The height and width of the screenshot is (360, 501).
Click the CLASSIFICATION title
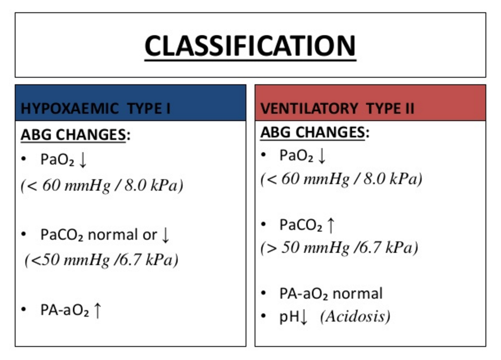(x=250, y=45)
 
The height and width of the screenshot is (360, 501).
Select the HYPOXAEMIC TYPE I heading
(x=95, y=109)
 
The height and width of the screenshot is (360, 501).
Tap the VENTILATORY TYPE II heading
(x=337, y=108)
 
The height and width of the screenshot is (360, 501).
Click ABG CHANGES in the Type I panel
(x=73, y=135)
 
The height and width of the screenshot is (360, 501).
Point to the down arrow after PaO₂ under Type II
(x=322, y=156)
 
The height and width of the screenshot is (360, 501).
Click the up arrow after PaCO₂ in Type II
(x=331, y=225)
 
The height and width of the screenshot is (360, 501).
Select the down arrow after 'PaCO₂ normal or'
(x=165, y=235)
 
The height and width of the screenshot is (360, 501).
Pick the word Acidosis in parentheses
(x=355, y=316)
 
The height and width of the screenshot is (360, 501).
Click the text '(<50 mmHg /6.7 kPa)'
(x=102, y=260)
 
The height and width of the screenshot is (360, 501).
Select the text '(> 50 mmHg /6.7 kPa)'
(x=339, y=248)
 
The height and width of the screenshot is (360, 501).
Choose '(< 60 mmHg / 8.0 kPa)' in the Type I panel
(x=102, y=186)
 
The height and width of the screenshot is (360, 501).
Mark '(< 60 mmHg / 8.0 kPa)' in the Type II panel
(x=341, y=179)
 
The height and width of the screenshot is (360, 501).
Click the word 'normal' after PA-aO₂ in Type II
(x=357, y=293)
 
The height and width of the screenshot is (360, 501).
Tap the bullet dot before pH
(x=265, y=316)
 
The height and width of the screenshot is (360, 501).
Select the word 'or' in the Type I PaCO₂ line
(x=149, y=235)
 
